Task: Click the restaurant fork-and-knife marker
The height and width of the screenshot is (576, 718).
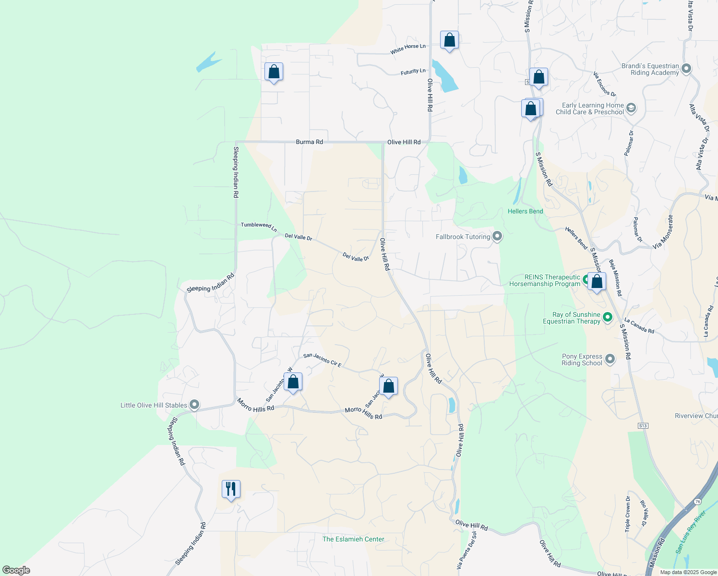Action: (x=231, y=489)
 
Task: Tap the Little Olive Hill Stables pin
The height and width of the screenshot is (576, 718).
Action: (x=194, y=405)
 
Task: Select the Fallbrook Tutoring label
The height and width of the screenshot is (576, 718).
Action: (x=463, y=237)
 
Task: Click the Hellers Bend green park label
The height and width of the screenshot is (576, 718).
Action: (x=525, y=211)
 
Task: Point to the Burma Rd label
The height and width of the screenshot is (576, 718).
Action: (x=309, y=142)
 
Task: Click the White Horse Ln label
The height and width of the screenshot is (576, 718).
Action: (x=407, y=48)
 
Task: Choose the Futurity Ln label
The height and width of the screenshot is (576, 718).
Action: (x=413, y=72)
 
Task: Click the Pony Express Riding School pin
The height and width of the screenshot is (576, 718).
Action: (x=610, y=359)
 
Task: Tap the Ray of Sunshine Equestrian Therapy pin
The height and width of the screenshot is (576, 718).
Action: (x=608, y=317)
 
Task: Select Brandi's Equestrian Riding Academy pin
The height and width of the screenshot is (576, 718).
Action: (x=686, y=69)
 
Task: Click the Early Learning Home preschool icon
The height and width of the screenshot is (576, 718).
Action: (x=631, y=108)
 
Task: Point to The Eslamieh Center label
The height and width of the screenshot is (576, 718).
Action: (x=353, y=539)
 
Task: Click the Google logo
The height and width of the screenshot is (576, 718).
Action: (x=16, y=570)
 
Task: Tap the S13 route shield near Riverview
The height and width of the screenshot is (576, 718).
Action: (x=643, y=426)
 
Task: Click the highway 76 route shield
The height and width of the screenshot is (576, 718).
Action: (x=697, y=502)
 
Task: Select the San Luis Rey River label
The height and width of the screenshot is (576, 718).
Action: (x=691, y=532)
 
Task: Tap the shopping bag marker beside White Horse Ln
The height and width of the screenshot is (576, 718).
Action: (x=449, y=40)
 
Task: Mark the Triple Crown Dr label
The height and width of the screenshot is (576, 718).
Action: (x=628, y=514)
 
